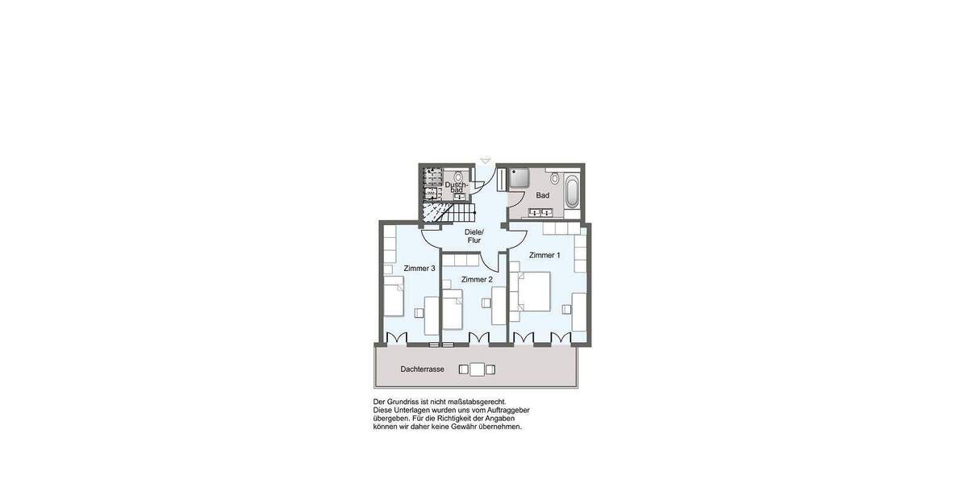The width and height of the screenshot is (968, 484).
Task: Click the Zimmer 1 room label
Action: [544, 255]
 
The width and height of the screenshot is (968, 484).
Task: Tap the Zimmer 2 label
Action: [477, 279]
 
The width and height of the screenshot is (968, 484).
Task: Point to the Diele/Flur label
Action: [474, 236]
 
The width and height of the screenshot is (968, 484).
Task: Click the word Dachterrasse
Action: [422, 369]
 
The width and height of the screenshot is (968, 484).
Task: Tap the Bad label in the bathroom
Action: [543, 195]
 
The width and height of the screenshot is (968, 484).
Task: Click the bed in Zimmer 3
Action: [393, 297]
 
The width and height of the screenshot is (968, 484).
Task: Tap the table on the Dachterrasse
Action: [477, 369]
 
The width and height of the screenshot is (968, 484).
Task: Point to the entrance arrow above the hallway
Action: [485, 161]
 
